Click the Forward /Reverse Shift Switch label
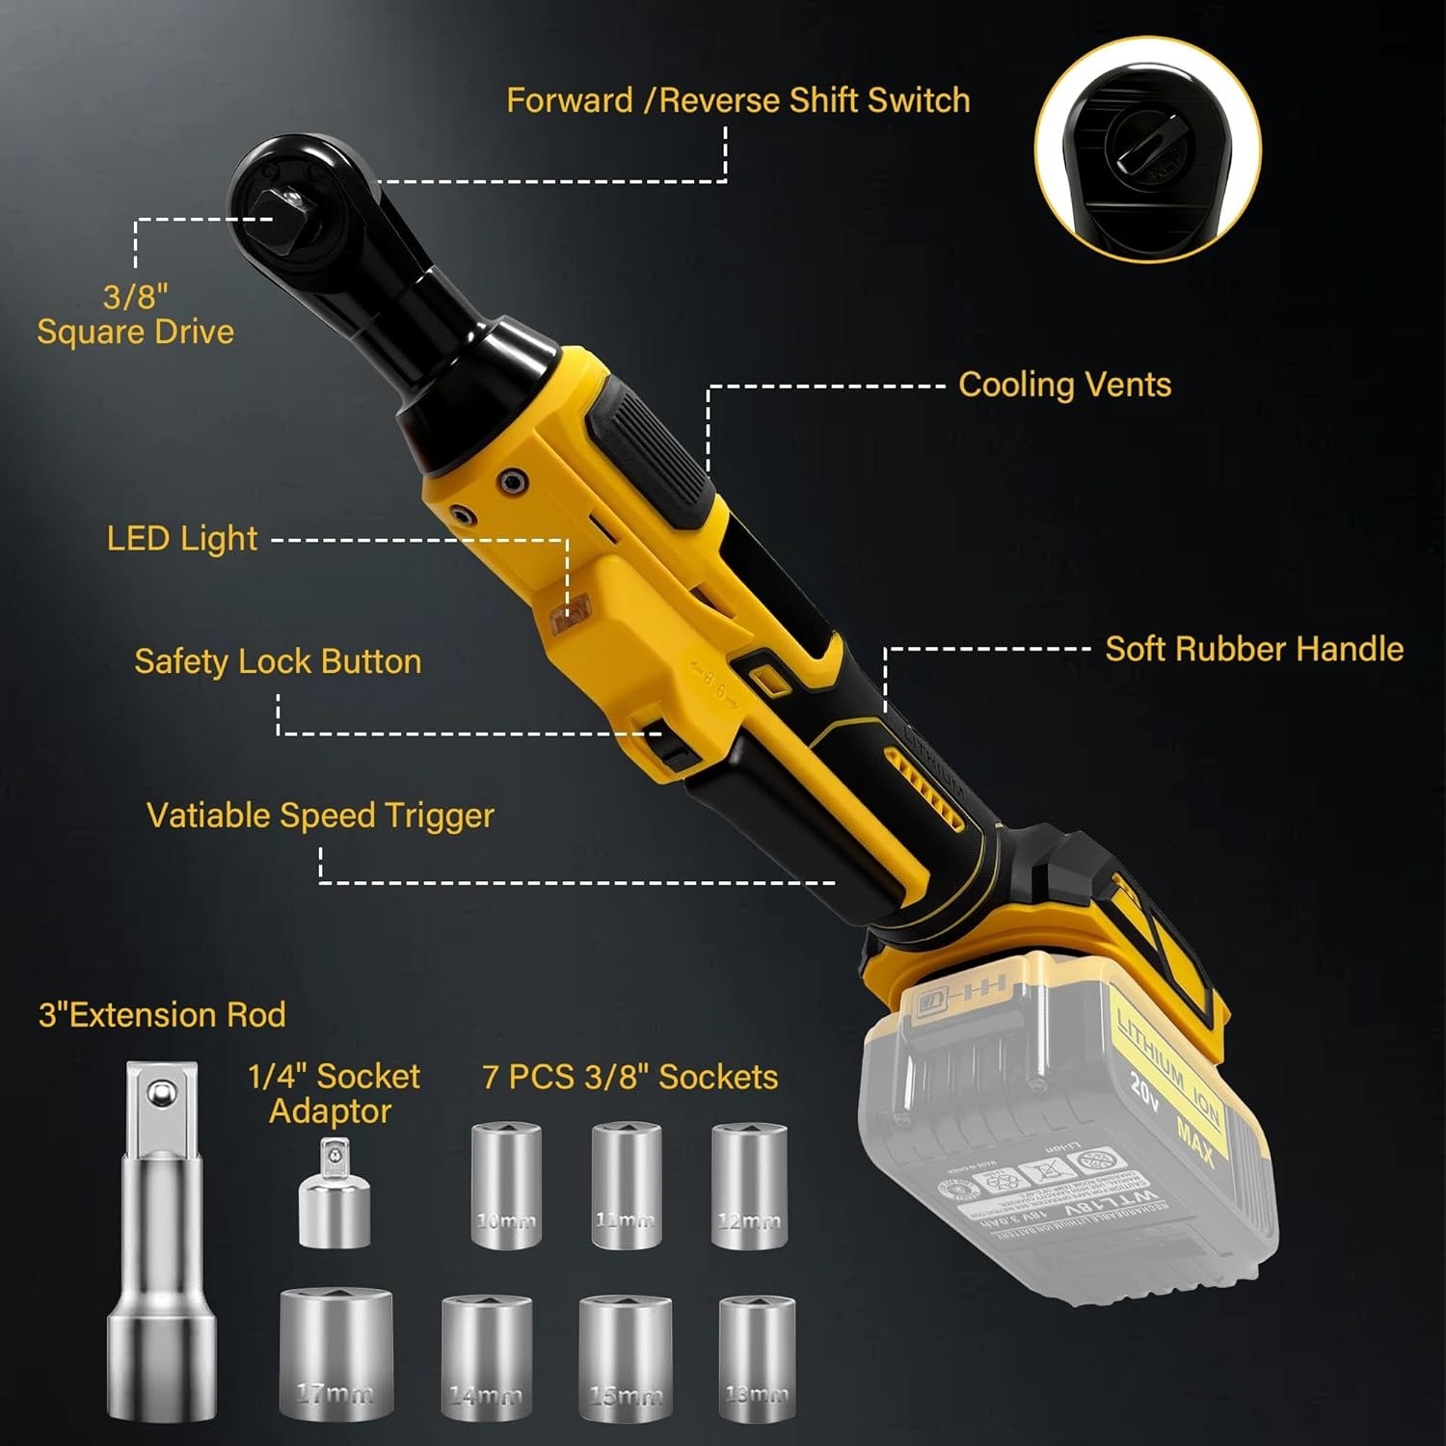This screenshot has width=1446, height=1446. coord(737,100)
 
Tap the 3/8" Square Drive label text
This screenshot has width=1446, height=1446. coord(136,314)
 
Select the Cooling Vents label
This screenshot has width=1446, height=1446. coord(1064,385)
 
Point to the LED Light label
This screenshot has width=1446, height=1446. coord(181,539)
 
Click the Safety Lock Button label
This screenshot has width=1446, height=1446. coord(278,661)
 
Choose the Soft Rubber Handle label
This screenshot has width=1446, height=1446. coord(1253,649)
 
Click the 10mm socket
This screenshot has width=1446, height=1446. coord(505,1186)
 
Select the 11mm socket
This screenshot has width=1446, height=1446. coord(625,1186)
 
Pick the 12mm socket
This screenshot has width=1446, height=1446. coord(749,1186)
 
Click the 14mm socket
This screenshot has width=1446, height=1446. coord(486,1364)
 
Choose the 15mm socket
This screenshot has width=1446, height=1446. coord(625,1364)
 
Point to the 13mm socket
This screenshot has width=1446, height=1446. coord(756,1364)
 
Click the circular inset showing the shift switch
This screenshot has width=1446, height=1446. coord(1147,151)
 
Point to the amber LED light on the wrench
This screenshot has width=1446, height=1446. coord(571,613)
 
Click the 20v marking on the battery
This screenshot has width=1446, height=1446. coord(1144,1088)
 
